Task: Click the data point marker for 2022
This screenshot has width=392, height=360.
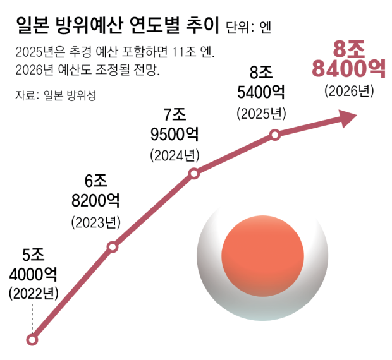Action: click(33, 340)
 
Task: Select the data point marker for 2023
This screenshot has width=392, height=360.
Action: click(113, 247)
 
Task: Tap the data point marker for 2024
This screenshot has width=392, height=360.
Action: click(194, 173)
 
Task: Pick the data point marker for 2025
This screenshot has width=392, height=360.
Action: click(274, 135)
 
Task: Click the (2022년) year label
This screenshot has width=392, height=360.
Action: click(34, 293)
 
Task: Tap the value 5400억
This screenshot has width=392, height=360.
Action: click(261, 93)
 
